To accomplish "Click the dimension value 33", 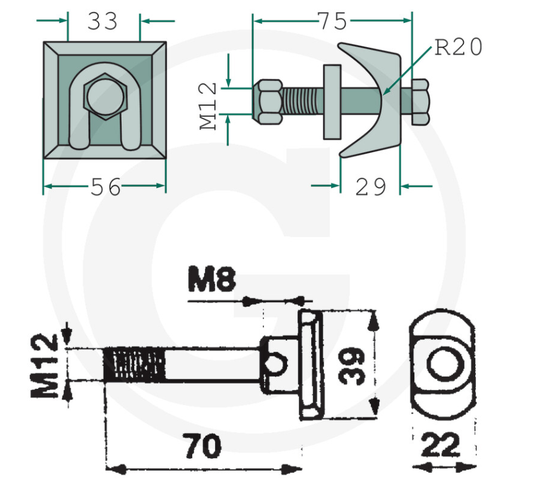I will tap(103, 21).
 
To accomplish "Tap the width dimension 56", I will tap(105, 187).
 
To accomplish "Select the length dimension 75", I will tap(333, 20).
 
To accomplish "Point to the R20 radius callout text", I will tap(458, 47).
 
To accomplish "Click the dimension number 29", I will tap(370, 187).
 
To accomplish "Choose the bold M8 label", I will tap(212, 280).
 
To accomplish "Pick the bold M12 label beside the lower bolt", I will tap(48, 365).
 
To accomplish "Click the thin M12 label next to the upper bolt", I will tap(210, 106).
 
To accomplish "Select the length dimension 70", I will tap(203, 446).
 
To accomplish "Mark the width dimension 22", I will tap(441, 445).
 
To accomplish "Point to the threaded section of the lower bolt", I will tap(136, 365).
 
